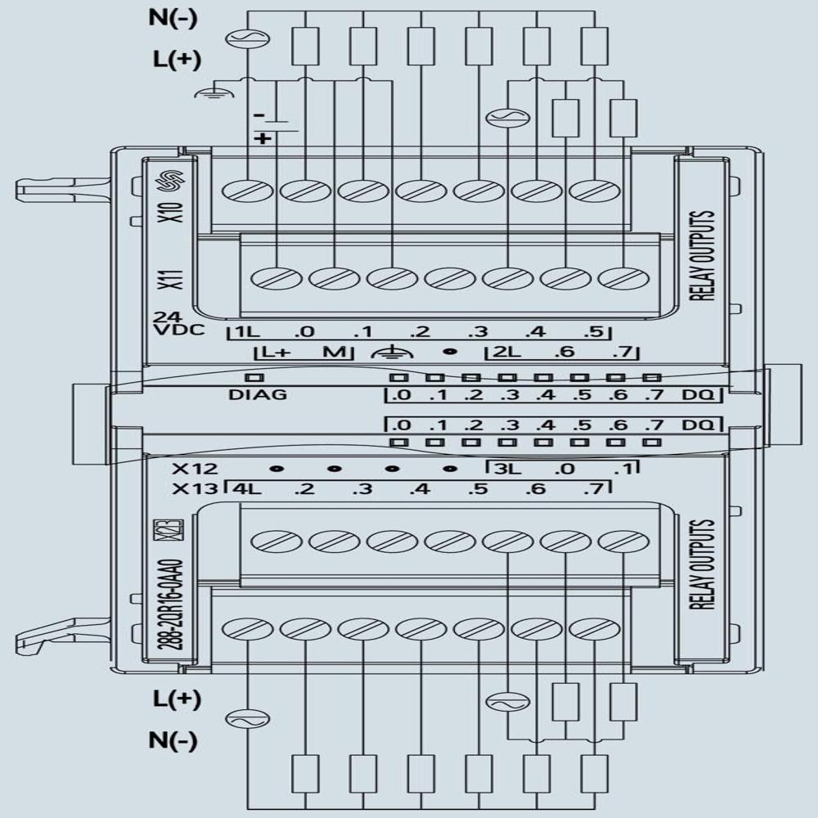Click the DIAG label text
click(258, 394)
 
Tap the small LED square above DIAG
click(254, 378)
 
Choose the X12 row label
click(195, 470)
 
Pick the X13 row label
click(195, 490)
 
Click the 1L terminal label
click(245, 332)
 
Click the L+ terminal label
click(274, 353)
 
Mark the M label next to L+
click(331, 353)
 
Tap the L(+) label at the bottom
click(176, 699)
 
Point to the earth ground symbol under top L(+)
click(206, 92)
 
